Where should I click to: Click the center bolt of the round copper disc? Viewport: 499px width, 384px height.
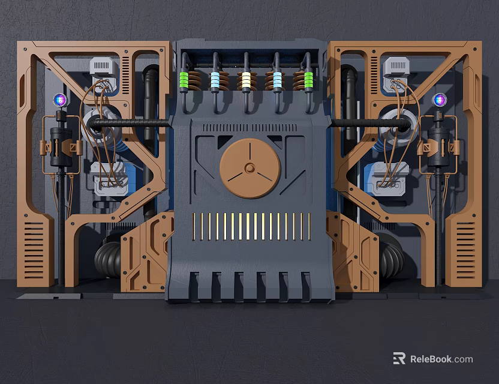coord(249,168)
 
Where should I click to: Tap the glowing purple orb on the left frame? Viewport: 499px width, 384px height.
coord(59,100)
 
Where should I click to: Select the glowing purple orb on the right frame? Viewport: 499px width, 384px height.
coord(440,100)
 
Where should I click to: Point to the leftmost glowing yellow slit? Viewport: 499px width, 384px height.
coord(194,226)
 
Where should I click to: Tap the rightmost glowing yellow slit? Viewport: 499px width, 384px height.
coord(309,226)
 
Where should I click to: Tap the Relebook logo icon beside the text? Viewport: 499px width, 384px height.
coord(399,358)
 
